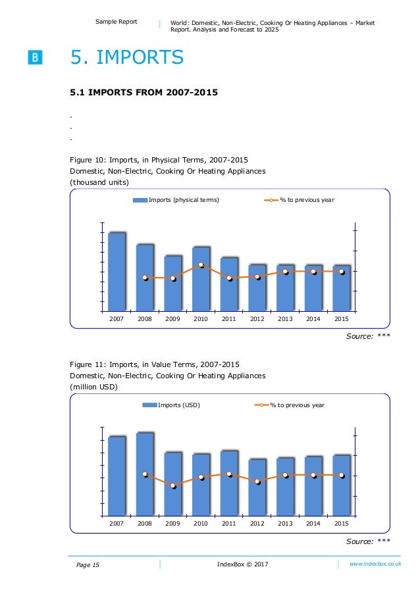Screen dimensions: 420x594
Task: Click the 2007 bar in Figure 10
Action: (x=117, y=272)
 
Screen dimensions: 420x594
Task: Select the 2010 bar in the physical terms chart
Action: (x=201, y=279)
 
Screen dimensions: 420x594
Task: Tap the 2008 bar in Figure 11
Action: (x=145, y=474)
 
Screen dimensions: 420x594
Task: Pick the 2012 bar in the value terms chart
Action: (x=257, y=487)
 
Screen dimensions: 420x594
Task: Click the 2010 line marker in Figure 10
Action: (x=201, y=265)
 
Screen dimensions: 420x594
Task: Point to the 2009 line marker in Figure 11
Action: (x=173, y=485)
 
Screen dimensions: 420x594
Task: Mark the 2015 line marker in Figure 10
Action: (x=342, y=272)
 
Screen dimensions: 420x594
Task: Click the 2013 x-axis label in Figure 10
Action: (x=285, y=319)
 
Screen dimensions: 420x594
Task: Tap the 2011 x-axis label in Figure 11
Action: (x=229, y=524)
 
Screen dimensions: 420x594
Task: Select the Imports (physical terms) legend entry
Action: (x=176, y=200)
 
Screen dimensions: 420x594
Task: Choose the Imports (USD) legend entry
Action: (x=171, y=405)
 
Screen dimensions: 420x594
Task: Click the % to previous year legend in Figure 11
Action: (x=289, y=405)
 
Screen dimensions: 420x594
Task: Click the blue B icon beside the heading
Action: (x=35, y=57)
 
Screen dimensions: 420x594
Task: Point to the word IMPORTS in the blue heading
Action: (x=140, y=57)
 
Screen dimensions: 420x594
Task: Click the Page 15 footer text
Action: (x=88, y=565)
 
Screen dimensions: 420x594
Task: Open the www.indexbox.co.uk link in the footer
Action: (x=375, y=564)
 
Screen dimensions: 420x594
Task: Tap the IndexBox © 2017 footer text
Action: (x=243, y=564)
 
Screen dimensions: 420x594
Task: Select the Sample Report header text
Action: (x=117, y=22)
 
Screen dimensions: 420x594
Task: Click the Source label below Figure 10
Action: (x=359, y=336)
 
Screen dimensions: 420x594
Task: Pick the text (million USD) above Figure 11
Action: (x=93, y=387)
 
